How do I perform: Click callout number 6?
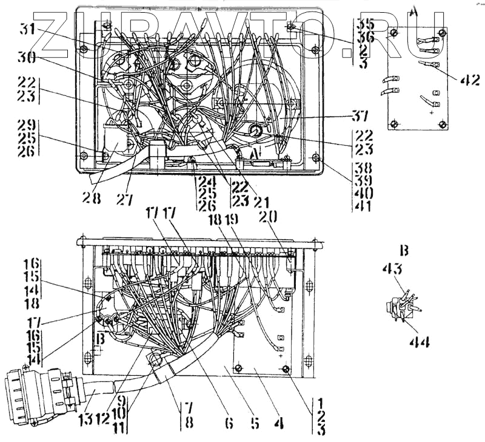tap(229, 422)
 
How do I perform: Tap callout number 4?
tap(281, 422)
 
